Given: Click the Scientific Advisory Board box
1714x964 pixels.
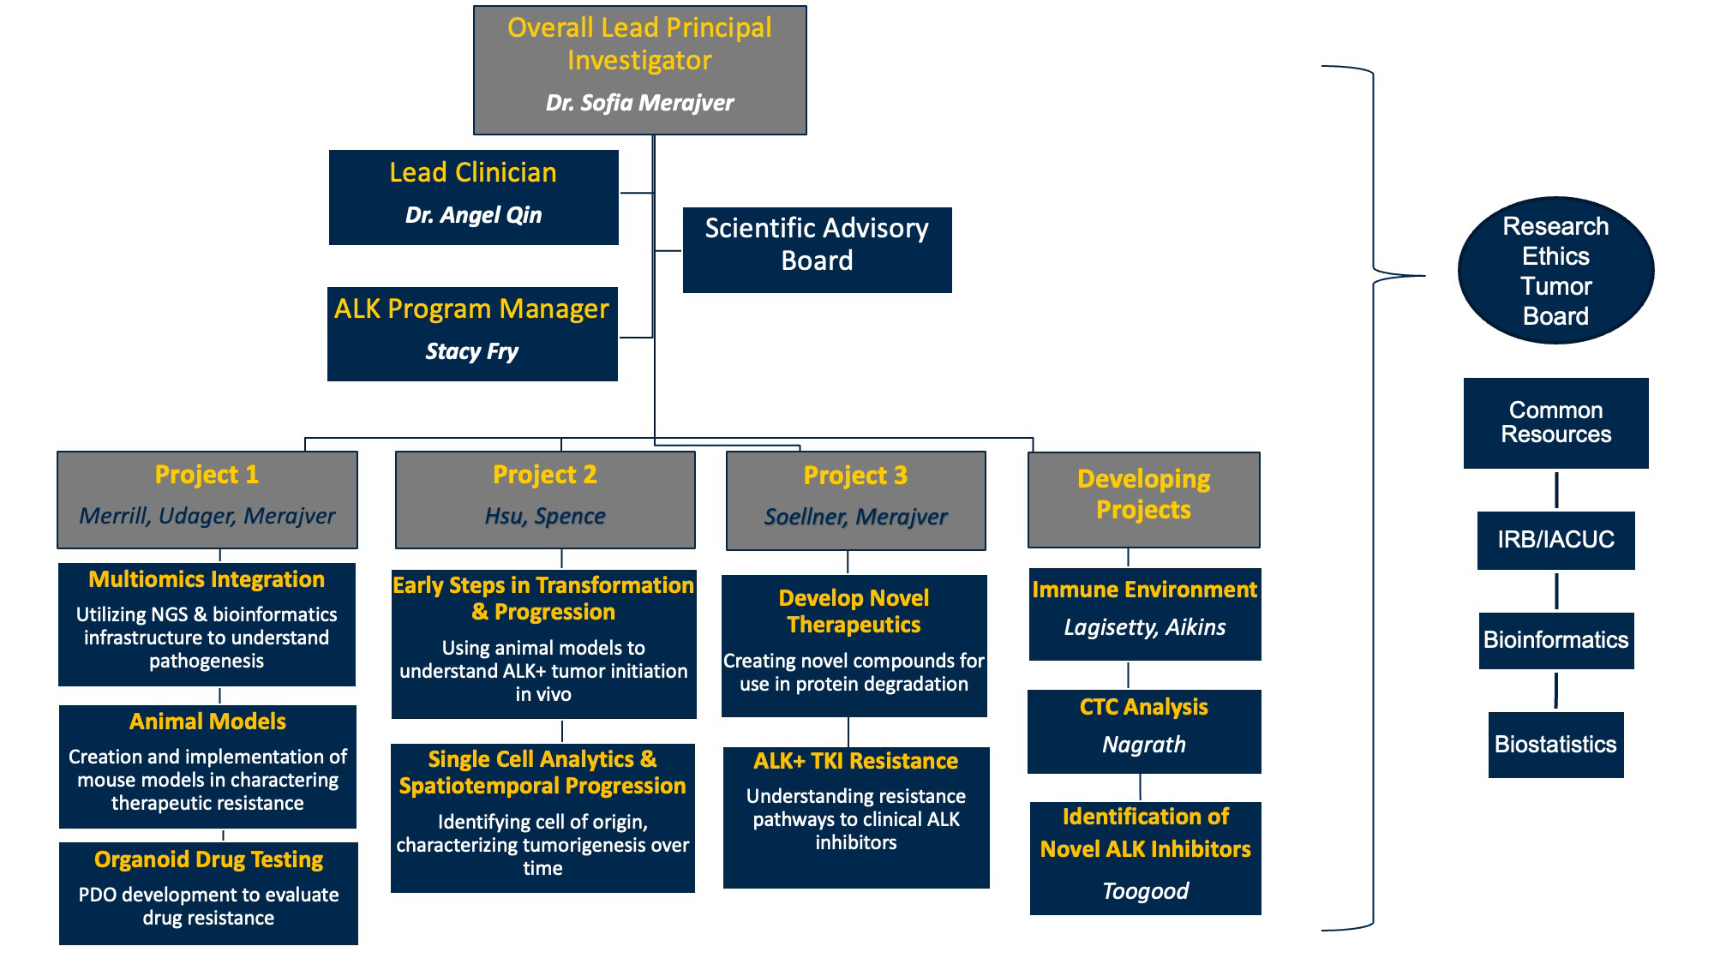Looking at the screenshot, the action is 817,249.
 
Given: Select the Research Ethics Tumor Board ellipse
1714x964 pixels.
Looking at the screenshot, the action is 1555,271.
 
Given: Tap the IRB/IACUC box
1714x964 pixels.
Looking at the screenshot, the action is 1555,540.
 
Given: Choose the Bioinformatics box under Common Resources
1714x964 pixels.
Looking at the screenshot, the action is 1555,640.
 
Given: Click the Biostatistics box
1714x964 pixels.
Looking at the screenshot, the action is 1555,745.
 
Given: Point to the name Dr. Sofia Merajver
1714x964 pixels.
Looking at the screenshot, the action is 640,103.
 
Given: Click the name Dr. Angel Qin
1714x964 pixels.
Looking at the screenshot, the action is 473,215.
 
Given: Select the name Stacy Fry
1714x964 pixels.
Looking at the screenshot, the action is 472,351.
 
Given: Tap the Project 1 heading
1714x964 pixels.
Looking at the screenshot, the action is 207,475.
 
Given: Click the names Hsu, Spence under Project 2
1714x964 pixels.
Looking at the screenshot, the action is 545,516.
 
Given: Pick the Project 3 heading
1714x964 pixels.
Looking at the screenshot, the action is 855,476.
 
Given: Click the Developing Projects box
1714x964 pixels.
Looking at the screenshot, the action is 1144,500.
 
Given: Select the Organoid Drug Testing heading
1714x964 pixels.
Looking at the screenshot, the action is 208,859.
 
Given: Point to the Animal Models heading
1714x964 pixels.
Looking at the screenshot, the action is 207,722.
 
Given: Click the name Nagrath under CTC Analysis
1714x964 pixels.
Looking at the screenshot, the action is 1144,745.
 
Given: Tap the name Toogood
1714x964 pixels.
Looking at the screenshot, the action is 1145,891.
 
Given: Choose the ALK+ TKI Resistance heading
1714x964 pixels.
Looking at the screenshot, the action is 855,761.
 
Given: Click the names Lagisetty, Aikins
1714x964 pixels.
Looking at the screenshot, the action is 1145,627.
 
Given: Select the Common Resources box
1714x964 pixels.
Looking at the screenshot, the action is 1555,423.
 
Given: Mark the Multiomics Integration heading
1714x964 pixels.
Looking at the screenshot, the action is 207,579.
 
